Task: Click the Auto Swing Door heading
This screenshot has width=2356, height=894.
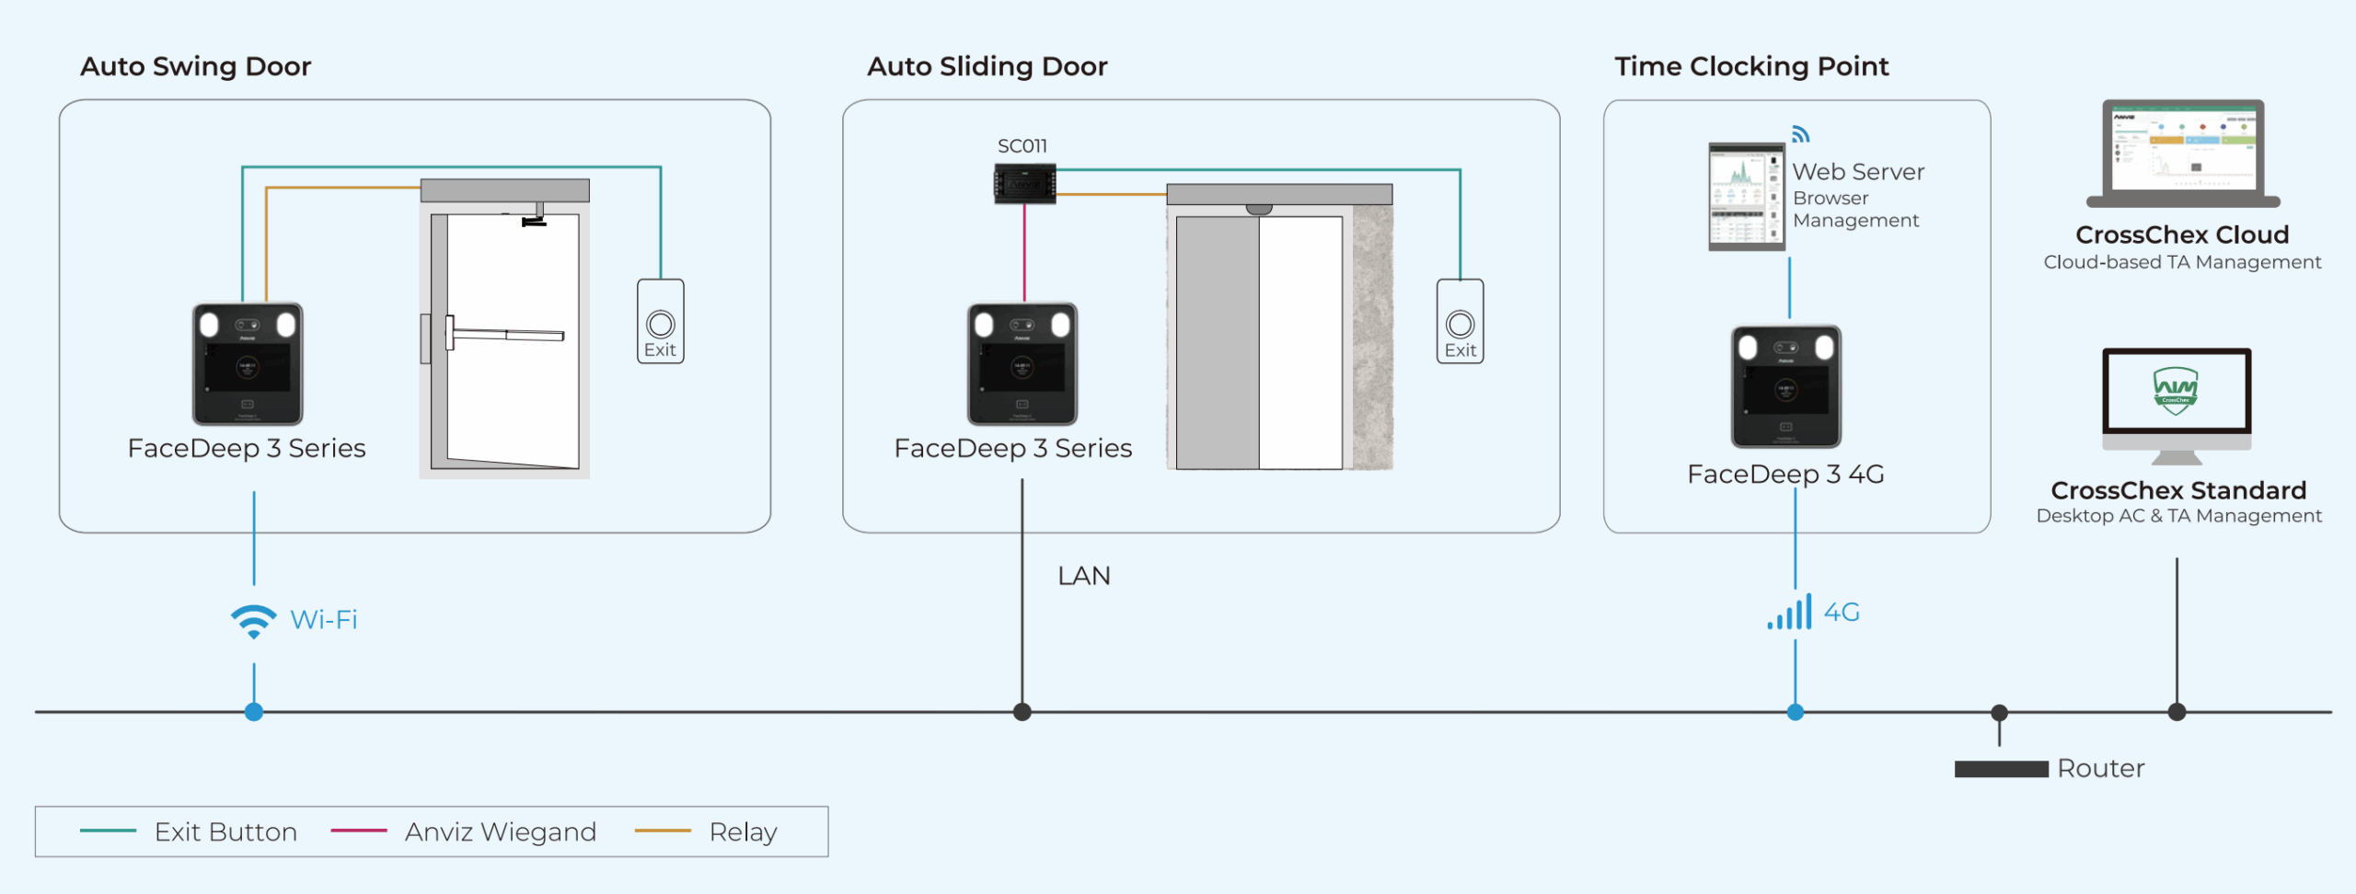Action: coord(195,66)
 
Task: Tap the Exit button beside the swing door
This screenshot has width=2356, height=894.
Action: coord(660,322)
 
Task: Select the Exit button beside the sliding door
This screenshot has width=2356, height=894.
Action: coord(1460,322)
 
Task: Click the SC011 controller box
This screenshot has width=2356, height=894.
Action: coord(1024,183)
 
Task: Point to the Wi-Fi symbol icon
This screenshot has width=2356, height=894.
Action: coord(253,621)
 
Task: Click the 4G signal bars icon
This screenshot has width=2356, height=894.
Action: coord(1789,613)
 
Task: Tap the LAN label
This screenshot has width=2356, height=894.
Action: coord(1083,576)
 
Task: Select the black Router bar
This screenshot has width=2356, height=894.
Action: coord(2001,769)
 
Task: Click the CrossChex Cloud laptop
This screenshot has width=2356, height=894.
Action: coord(2183,153)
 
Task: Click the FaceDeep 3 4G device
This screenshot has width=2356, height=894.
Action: coord(1785,386)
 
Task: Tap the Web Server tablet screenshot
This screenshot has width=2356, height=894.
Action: coord(1746,197)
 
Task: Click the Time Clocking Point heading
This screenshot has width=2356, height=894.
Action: coord(1750,66)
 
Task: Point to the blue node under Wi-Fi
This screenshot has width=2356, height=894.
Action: coord(254,712)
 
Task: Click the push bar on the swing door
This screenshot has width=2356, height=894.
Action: coord(506,334)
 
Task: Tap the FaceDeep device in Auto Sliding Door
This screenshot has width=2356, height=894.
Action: coord(1022,363)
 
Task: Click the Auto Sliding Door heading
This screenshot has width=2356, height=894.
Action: coord(987,66)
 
